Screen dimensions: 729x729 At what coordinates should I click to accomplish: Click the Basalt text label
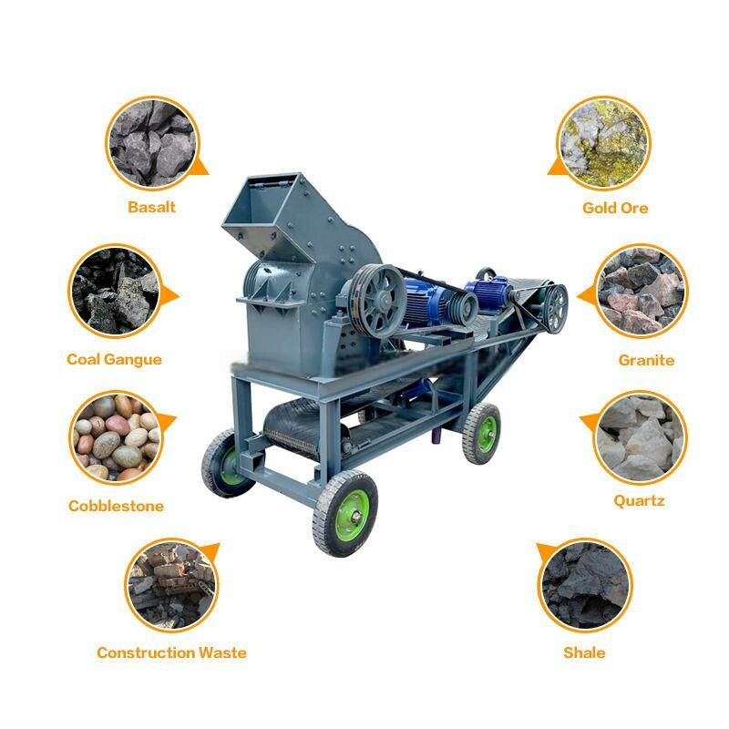click(151, 207)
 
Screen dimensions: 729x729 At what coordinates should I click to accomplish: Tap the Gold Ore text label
click(615, 208)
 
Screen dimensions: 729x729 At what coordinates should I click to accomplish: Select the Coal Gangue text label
click(114, 359)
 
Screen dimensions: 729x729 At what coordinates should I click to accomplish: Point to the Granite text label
click(646, 360)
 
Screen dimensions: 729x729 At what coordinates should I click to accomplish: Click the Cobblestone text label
click(116, 506)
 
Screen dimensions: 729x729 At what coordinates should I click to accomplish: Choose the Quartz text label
click(639, 500)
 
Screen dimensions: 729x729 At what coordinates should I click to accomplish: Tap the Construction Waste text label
click(171, 652)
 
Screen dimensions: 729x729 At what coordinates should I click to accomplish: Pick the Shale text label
click(584, 652)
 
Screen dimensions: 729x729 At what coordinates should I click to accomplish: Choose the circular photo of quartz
click(639, 436)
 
